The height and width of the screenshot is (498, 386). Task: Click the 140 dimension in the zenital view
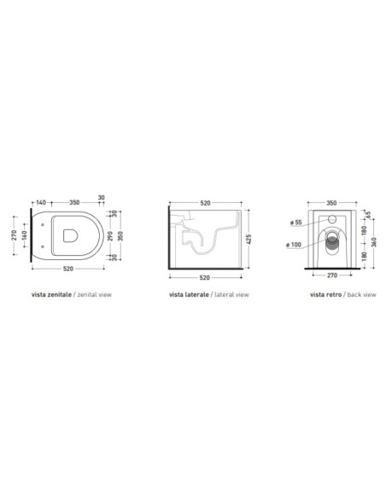41,202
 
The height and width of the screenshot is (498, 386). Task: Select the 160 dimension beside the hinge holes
25,235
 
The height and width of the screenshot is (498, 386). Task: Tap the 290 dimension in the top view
110,235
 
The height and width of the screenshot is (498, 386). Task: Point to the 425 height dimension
249,239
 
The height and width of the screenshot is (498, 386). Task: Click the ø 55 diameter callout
296,223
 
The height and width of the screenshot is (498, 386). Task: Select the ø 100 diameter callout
294,245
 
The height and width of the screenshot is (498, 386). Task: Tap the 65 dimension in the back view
368,215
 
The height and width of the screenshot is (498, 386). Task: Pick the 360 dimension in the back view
374,242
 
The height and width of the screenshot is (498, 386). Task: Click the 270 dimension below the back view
332,275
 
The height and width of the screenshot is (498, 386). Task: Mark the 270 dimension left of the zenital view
14,235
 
